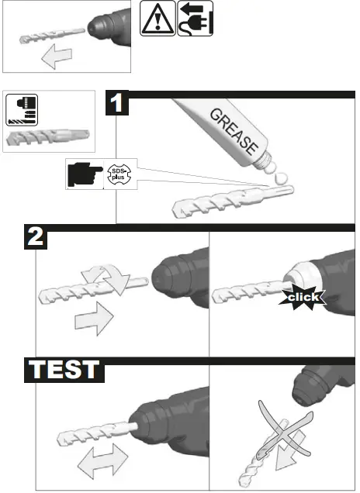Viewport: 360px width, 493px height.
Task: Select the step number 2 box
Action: click(x=33, y=236)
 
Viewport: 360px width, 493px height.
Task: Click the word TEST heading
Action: click(x=65, y=368)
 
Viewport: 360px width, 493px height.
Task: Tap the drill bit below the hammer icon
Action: click(x=47, y=137)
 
